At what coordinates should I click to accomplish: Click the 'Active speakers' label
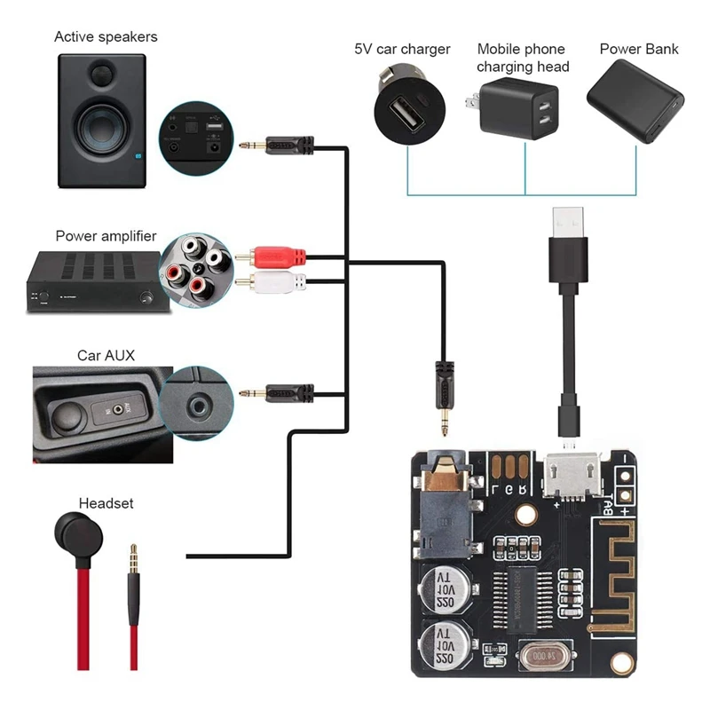(106, 36)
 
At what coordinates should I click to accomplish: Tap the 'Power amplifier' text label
(106, 236)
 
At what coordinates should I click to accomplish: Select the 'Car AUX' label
(106, 355)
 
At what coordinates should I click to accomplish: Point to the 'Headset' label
(106, 503)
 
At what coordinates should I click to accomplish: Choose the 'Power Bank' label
(639, 49)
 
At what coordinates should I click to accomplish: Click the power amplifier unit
(89, 280)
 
